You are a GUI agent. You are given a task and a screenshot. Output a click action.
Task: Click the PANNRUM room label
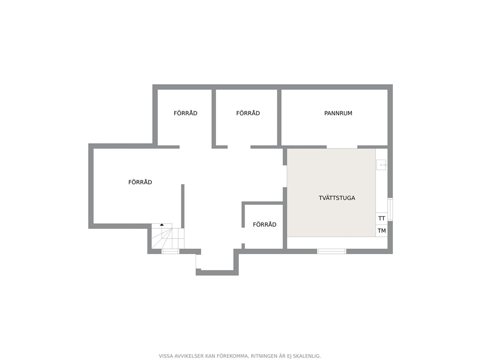click(338, 113)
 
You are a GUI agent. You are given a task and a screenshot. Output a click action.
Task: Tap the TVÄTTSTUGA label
click(337, 198)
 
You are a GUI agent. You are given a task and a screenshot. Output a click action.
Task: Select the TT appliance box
click(381, 219)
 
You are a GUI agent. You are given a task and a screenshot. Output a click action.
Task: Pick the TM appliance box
click(381, 231)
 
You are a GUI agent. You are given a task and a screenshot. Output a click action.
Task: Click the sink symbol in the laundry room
click(382, 165)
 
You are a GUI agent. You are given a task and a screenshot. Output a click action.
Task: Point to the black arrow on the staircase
click(162, 225)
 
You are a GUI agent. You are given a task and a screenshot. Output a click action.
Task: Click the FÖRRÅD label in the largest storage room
click(140, 182)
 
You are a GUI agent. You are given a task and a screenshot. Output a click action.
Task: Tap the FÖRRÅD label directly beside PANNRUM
click(248, 113)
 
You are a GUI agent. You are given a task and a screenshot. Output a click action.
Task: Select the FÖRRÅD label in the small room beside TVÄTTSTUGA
click(265, 225)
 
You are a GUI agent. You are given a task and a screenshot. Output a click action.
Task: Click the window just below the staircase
click(170, 251)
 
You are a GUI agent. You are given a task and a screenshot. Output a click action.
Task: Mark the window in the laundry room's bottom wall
click(331, 251)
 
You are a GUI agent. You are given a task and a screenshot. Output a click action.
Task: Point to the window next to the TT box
click(390, 210)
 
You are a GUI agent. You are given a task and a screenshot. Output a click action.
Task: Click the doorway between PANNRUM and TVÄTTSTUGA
click(342, 147)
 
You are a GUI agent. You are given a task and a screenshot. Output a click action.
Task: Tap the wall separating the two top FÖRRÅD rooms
click(214, 119)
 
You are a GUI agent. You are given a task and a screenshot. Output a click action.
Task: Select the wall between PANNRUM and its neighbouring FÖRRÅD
click(279, 118)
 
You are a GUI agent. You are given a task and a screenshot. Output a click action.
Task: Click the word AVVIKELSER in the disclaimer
click(189, 356)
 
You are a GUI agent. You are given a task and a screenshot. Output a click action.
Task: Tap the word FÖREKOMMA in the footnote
click(232, 356)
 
